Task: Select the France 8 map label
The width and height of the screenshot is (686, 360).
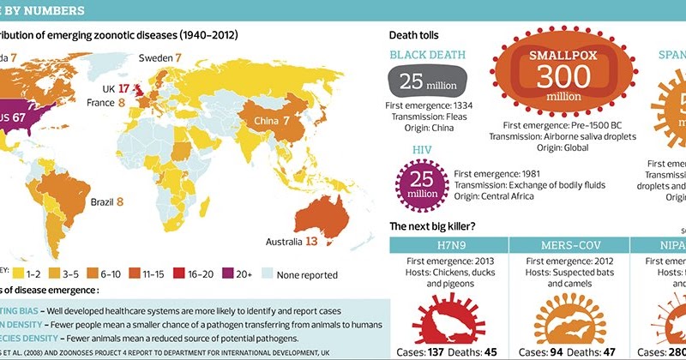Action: pos(106,102)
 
